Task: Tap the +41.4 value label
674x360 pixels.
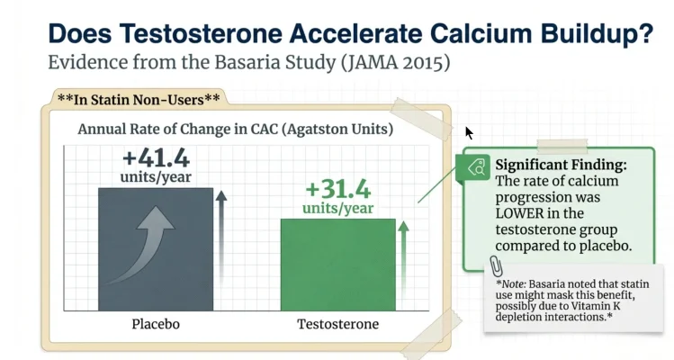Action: [157, 158]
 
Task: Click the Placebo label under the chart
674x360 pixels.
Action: [156, 324]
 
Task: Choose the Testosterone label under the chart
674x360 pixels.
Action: [337, 324]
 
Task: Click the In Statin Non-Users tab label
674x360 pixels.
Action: [138, 99]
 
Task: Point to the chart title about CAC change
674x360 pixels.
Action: [236, 129]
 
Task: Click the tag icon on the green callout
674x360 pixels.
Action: [476, 165]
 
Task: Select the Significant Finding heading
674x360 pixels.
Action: [562, 166]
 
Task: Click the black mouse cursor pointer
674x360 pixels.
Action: [469, 133]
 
